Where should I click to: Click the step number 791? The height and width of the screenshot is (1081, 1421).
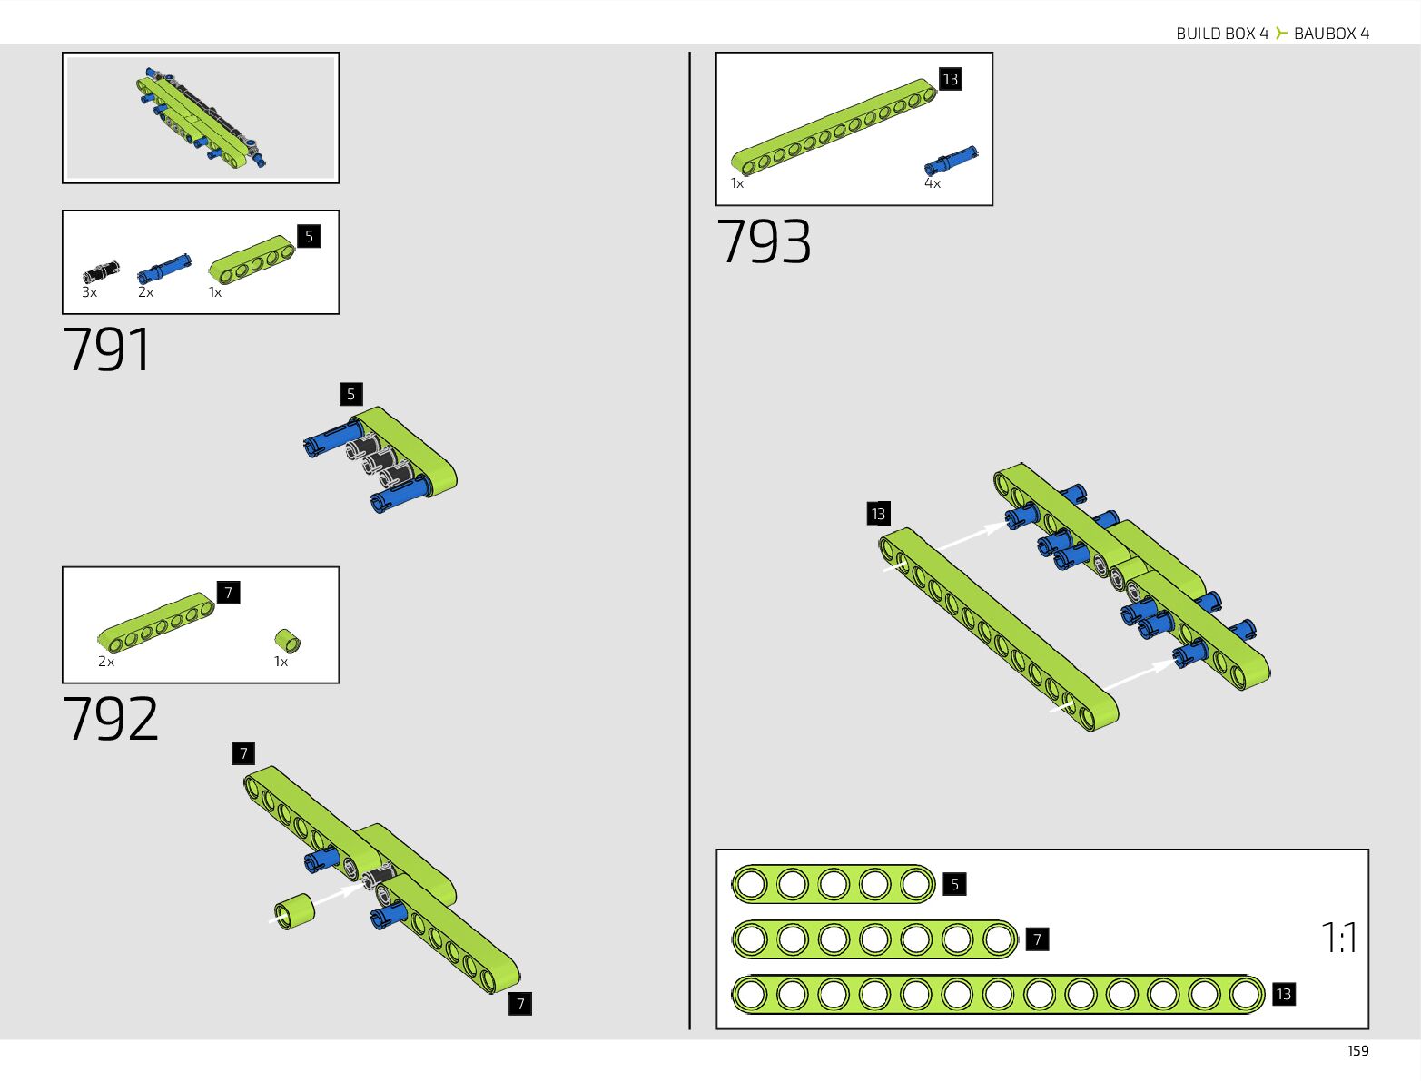coord(107,350)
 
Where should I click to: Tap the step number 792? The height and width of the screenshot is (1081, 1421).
coord(111,720)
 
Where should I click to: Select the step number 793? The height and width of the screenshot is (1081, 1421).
coord(764,242)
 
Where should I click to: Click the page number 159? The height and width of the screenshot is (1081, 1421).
coord(1357,1050)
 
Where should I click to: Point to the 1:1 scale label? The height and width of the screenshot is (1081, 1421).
coord(1338,938)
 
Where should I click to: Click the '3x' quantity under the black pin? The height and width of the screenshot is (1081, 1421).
coord(90,292)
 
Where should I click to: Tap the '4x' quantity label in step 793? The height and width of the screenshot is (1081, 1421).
coord(933,183)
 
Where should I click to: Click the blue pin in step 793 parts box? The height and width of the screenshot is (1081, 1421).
coord(951,161)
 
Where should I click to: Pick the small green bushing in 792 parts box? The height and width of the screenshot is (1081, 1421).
coord(288,641)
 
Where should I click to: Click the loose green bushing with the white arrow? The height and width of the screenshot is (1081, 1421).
coord(295,911)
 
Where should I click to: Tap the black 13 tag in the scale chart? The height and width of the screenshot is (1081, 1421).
coord(1283,994)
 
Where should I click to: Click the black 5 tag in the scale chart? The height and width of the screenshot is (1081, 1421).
coord(953,884)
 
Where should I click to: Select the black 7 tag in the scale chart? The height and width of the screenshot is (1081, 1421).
coord(1037,939)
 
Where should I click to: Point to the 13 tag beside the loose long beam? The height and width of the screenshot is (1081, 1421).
coord(878,514)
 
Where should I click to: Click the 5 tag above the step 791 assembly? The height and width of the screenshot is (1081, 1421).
coord(350,394)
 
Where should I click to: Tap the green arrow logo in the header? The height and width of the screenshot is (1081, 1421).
coord(1281,34)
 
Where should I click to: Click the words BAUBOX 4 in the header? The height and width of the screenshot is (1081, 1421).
coord(1331,34)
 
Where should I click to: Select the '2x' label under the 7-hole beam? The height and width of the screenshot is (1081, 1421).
coord(106,662)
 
